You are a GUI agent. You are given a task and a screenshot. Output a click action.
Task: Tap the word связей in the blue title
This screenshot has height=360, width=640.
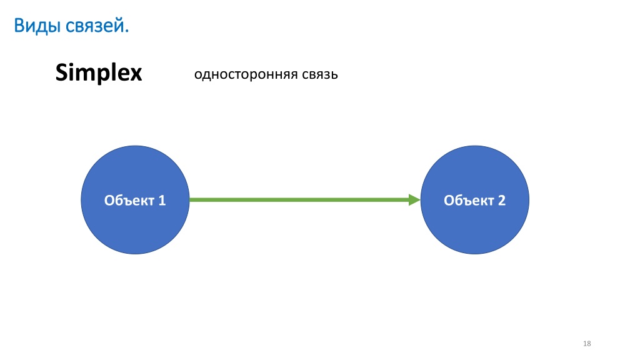pyautogui.click(x=95, y=26)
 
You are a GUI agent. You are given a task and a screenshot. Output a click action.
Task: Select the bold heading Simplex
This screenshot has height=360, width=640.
pyautogui.click(x=99, y=73)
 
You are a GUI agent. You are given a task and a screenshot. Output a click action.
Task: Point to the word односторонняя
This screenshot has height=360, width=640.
pyautogui.click(x=246, y=75)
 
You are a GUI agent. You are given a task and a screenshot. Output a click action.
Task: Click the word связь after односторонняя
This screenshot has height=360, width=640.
pyautogui.click(x=320, y=75)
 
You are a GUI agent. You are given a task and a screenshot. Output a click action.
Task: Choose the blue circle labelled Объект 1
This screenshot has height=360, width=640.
pyautogui.click(x=135, y=200)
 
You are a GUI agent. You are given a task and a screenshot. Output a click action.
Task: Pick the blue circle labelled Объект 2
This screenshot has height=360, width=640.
pyautogui.click(x=475, y=200)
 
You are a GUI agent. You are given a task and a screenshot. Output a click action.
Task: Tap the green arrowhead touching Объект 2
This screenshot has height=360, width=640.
pyautogui.click(x=414, y=200)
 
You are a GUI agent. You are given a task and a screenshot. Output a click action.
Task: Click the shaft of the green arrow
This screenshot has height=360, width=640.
pyautogui.click(x=299, y=200)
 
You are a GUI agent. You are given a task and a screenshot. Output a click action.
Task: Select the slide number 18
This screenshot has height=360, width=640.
pyautogui.click(x=587, y=344)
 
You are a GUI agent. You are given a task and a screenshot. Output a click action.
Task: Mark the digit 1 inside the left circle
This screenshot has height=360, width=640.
pyautogui.click(x=162, y=201)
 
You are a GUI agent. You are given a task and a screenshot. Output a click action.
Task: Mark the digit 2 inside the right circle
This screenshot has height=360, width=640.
pyautogui.click(x=502, y=201)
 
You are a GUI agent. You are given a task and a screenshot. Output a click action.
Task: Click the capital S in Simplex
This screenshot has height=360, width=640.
pyautogui.click(x=62, y=72)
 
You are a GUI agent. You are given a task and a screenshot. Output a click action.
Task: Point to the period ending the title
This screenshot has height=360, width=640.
pyautogui.click(x=127, y=31)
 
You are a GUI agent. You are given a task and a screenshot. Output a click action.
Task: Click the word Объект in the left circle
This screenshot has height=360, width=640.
pyautogui.click(x=129, y=201)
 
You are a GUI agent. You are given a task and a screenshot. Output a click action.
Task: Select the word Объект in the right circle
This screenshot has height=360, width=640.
pyautogui.click(x=469, y=201)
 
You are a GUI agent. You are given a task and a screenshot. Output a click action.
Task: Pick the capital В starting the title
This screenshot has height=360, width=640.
pyautogui.click(x=19, y=26)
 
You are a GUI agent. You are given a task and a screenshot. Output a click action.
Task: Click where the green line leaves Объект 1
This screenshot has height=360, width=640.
pyautogui.click(x=190, y=200)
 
